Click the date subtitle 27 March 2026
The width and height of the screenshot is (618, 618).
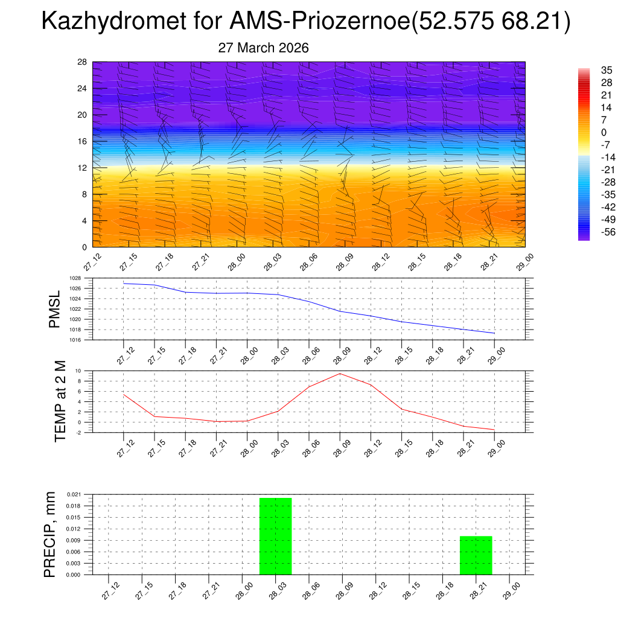[x=263, y=48]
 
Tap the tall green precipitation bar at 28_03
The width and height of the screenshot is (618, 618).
[x=276, y=536]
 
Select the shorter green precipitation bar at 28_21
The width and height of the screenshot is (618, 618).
[x=476, y=555]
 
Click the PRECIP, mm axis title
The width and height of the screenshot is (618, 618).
[x=50, y=534]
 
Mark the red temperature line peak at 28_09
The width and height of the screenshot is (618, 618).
[x=340, y=374]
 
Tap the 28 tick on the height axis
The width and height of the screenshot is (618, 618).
[x=83, y=62]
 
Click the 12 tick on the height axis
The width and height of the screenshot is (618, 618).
[x=83, y=168]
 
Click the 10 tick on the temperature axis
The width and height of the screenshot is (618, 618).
[x=78, y=371]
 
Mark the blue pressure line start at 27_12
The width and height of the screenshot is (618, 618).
[x=124, y=283]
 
